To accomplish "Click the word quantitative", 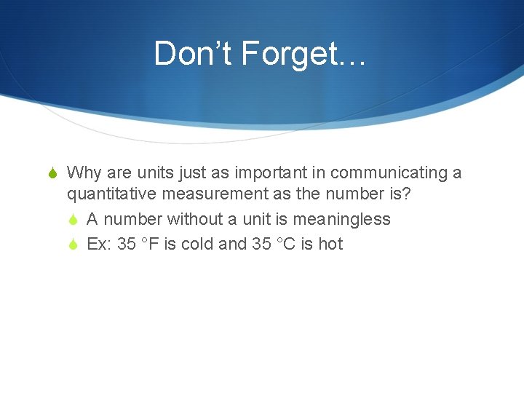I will coord(112,195).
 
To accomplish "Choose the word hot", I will coord(330,244).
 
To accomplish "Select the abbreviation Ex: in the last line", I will coord(99,244).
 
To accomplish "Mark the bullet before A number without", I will coord(75,220).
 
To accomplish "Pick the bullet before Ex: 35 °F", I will coord(75,245).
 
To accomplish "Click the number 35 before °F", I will coord(127,244).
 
